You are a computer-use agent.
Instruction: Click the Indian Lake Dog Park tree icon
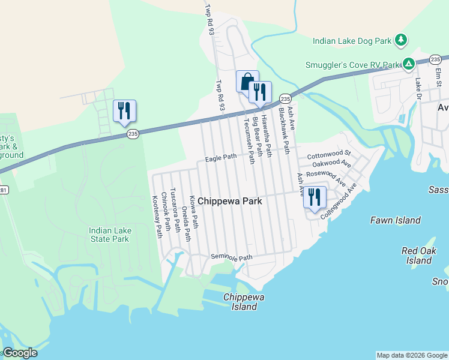[402, 41]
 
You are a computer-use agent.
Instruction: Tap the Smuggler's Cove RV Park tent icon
[408, 64]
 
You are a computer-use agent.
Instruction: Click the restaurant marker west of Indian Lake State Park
[124, 110]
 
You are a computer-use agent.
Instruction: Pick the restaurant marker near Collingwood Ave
[315, 197]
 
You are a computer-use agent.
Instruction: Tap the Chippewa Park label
[230, 202]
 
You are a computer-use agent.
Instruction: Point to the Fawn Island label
[395, 220]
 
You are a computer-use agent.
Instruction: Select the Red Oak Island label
[418, 256]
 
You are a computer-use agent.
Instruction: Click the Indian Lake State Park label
[109, 235]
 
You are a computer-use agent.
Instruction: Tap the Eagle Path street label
[221, 158]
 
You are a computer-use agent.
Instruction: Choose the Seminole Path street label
[231, 257]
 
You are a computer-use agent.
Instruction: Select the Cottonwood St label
[328, 155]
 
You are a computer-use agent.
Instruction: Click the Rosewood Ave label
[325, 176]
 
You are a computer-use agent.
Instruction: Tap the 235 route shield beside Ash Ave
[285, 98]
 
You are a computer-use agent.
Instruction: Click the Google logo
[20, 353]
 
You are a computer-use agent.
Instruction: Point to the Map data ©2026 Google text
[412, 355]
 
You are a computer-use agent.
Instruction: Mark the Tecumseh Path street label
[245, 134]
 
